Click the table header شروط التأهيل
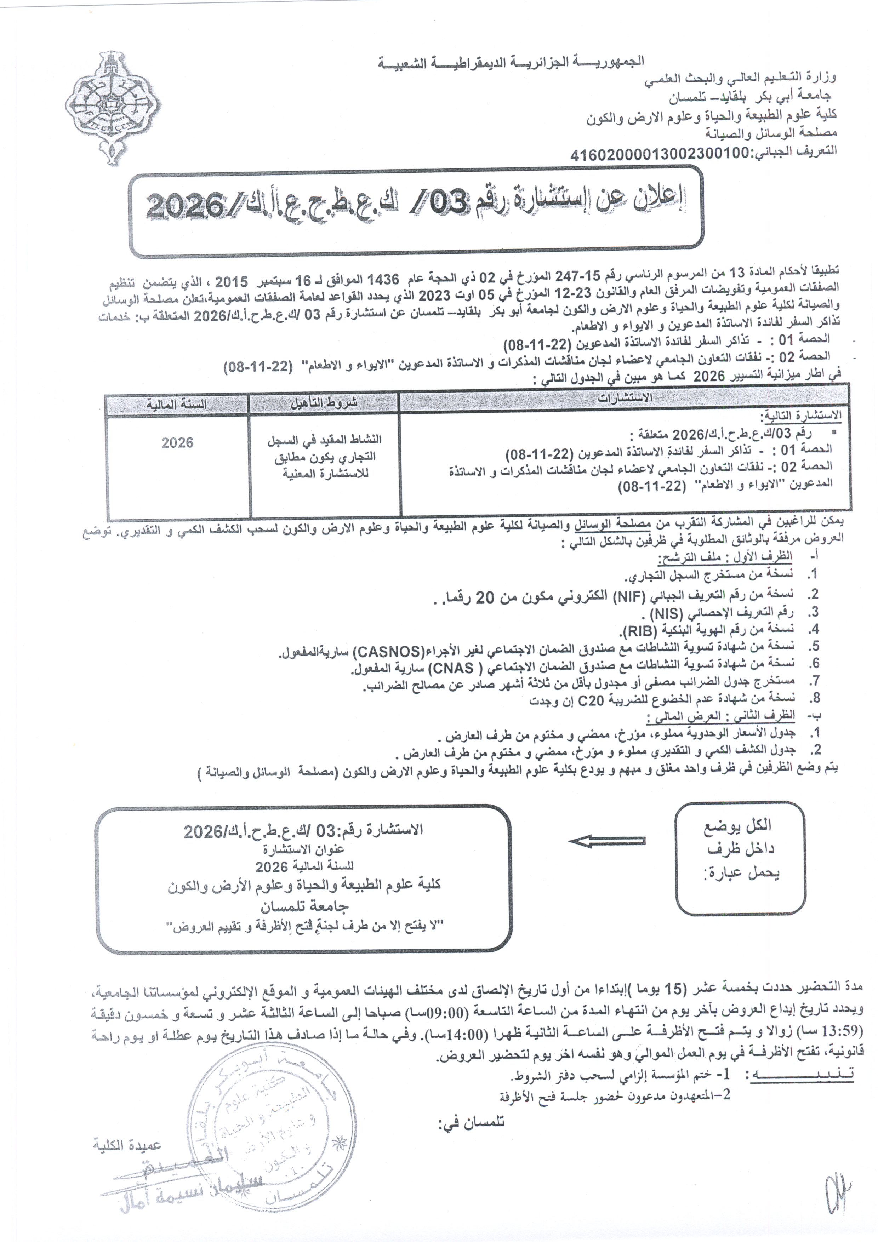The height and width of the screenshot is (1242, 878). (324, 403)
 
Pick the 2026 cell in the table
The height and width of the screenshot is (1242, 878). (177, 442)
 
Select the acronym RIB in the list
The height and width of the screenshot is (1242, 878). (639, 631)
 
